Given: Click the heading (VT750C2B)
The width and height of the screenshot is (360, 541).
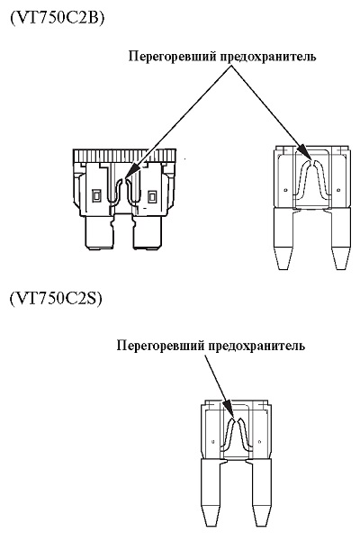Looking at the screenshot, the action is (x=57, y=18).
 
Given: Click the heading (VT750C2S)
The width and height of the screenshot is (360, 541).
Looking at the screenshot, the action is (x=56, y=299).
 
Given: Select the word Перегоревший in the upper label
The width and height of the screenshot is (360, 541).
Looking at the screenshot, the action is (x=172, y=56).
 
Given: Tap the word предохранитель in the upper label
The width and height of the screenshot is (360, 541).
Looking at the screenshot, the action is (x=268, y=56).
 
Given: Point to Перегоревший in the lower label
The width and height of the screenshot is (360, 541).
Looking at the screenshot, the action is (x=160, y=346).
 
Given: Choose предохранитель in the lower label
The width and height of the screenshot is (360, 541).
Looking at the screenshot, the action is (x=256, y=346).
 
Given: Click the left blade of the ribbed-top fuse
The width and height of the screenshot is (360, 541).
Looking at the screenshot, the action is (x=99, y=232).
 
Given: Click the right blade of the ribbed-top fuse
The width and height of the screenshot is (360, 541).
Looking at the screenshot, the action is (x=148, y=232).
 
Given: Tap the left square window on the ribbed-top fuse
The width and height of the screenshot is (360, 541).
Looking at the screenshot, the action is (x=96, y=196).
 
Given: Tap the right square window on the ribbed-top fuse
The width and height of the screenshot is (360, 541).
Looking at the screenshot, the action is (x=151, y=197).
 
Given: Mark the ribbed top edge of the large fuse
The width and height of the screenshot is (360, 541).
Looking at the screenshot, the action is (x=124, y=156).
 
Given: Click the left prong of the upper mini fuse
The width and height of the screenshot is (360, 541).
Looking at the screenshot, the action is (x=283, y=239).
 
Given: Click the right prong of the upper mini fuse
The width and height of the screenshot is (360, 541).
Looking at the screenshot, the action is (x=341, y=239).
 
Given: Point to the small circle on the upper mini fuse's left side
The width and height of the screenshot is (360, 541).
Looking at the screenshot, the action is (x=285, y=189).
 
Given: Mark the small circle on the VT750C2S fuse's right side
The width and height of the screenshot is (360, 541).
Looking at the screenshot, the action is (x=259, y=441).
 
